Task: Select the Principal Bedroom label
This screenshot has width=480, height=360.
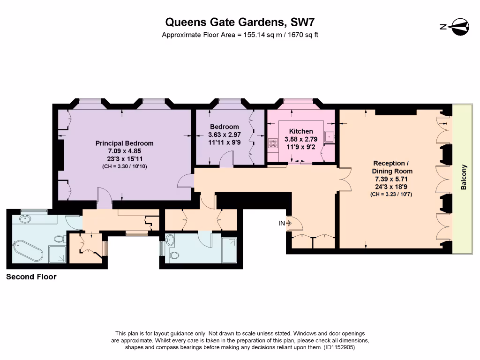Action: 124,143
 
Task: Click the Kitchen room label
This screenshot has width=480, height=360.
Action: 301,131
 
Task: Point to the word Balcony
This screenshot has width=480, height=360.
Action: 464,177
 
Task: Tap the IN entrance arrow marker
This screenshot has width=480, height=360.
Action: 285,224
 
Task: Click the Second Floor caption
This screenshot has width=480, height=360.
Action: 31,277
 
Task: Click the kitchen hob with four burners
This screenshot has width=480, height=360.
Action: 272,143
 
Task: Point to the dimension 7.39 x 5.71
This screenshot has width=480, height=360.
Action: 392,180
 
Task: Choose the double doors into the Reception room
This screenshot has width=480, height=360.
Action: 345,179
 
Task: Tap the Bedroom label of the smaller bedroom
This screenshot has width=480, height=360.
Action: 225,127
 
